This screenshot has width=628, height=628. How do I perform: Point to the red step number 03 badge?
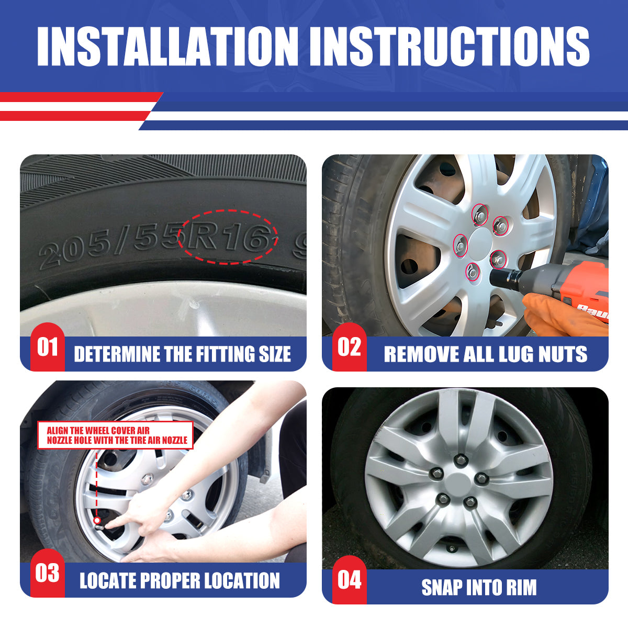pos(47,574)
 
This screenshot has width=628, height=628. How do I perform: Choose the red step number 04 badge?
pos(349,580)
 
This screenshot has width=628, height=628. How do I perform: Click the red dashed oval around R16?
pos(227,237)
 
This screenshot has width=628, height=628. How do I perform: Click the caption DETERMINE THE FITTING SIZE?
pos(182,354)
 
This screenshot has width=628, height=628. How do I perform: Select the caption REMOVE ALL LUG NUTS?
pos(485,354)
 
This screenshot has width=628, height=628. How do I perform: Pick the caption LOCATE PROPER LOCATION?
pos(180,581)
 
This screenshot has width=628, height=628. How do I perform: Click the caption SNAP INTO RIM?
pos(479,587)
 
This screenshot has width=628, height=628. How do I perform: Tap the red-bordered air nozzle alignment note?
pos(116,435)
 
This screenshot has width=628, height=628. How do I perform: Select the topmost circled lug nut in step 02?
pos(479,214)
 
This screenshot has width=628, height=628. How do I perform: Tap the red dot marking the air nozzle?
pos(97,520)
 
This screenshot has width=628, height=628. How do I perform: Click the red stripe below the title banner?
pos(78,97)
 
